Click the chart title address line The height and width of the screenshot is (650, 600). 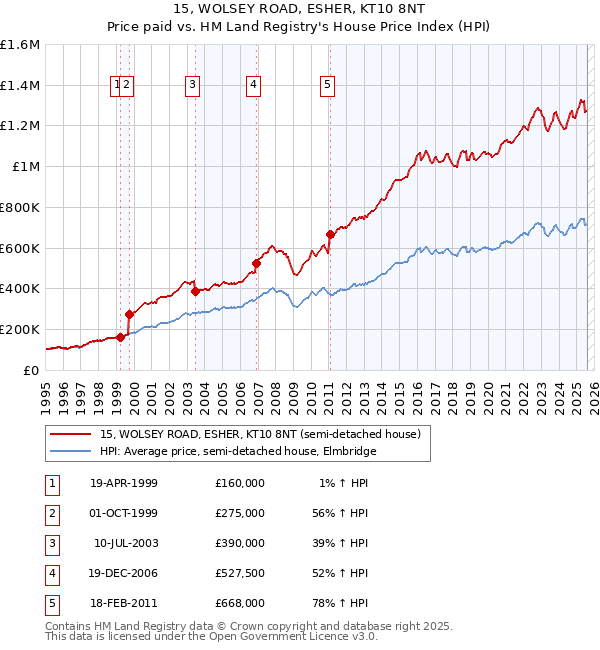[299, 10]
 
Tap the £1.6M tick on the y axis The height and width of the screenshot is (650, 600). [20, 45]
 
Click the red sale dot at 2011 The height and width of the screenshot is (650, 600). [330, 234]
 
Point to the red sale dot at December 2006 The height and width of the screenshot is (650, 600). [257, 263]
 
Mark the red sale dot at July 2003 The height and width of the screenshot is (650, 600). [196, 291]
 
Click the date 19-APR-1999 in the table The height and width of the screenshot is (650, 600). [124, 483]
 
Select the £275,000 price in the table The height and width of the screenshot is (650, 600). [239, 513]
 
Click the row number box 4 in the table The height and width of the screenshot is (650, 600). [51, 573]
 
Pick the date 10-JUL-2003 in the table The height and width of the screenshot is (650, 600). [125, 543]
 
